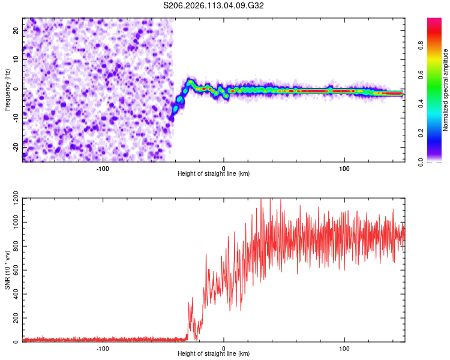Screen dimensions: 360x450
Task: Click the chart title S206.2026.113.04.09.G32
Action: tap(214, 5)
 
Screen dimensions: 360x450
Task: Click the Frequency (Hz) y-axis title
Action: tap(8, 90)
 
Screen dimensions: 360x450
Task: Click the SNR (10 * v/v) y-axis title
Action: tap(8, 270)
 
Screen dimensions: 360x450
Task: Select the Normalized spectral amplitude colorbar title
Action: tap(446, 90)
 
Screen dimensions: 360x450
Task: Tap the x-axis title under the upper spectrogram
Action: tap(214, 173)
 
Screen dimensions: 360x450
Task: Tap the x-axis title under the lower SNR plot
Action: tap(214, 353)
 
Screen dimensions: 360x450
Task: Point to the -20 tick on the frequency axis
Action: tap(15, 147)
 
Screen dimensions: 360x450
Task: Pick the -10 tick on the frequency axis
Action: tap(15, 118)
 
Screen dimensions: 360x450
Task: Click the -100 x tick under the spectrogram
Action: tap(102, 167)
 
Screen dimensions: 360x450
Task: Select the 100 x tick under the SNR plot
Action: tap(345, 347)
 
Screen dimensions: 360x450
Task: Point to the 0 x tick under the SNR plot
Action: tap(224, 347)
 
